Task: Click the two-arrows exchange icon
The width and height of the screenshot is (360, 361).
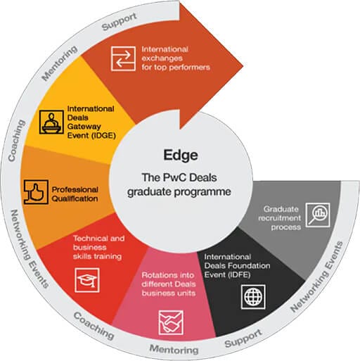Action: pyautogui.click(x=123, y=58)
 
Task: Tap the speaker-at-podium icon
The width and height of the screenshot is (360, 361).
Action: pyautogui.click(x=51, y=122)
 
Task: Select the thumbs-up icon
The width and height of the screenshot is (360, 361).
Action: pyautogui.click(x=36, y=192)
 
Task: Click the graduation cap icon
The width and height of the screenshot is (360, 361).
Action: pyautogui.click(x=87, y=280)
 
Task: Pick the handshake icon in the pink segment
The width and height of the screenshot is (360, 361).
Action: pyautogui.click(x=171, y=323)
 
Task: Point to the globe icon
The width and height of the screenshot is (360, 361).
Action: pyautogui.click(x=253, y=297)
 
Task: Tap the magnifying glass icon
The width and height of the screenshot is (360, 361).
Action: pyautogui.click(x=318, y=215)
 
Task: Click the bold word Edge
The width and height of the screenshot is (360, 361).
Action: pyautogui.click(x=181, y=155)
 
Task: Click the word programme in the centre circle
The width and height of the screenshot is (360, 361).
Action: pyautogui.click(x=202, y=192)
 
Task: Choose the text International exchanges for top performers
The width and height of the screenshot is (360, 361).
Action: pyautogui.click(x=176, y=58)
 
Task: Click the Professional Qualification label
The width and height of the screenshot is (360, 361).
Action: pyautogui.click(x=75, y=194)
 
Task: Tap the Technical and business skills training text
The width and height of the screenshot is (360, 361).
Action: pyautogui.click(x=98, y=248)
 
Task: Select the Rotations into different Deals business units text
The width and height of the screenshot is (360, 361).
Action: pyautogui.click(x=169, y=284)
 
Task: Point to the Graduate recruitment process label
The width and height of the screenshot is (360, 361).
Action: pyautogui.click(x=279, y=218)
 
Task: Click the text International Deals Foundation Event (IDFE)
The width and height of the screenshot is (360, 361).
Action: pyautogui.click(x=237, y=266)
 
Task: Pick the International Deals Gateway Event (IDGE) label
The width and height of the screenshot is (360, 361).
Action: pyautogui.click(x=91, y=122)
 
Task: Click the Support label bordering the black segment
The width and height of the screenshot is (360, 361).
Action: pyautogui.click(x=243, y=338)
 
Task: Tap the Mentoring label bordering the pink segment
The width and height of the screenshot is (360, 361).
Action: pyautogui.click(x=174, y=349)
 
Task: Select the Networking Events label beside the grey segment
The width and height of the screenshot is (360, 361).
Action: pyautogui.click(x=316, y=277)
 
